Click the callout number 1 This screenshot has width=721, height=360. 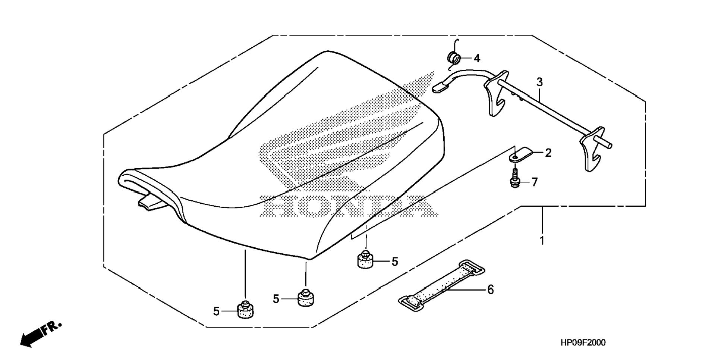[x=542, y=241]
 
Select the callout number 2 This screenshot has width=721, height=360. [x=548, y=153]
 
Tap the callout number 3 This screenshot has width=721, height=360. [x=539, y=82]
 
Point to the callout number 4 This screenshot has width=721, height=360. [x=476, y=58]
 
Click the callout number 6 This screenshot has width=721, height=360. [x=490, y=289]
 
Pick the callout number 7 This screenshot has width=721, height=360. [x=534, y=182]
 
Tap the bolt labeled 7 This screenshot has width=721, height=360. [x=515, y=179]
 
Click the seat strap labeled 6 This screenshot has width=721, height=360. [x=442, y=285]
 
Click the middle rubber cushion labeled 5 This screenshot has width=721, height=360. [x=305, y=298]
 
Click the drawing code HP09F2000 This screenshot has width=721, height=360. [x=583, y=342]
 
